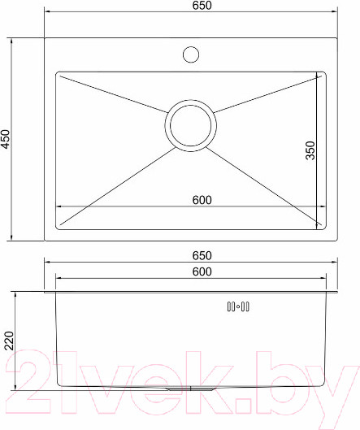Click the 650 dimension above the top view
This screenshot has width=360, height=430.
click(202, 6)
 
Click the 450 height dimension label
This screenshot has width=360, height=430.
click(6, 139)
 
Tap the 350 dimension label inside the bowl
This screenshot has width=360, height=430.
click(310, 150)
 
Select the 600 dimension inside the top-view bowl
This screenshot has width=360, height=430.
click(202, 200)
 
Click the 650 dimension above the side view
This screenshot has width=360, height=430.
click(202, 255)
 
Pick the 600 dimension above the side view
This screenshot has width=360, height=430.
click(202, 271)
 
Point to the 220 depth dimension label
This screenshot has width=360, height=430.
click(9, 341)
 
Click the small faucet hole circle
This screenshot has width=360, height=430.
click(191, 54)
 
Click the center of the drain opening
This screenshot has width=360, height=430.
click(191, 126)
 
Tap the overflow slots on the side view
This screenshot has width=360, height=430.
click(238, 306)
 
